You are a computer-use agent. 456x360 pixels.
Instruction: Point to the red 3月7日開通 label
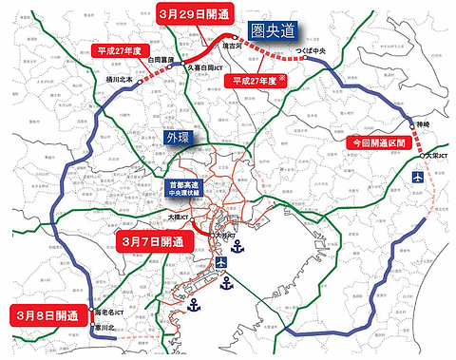tap(158, 242)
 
